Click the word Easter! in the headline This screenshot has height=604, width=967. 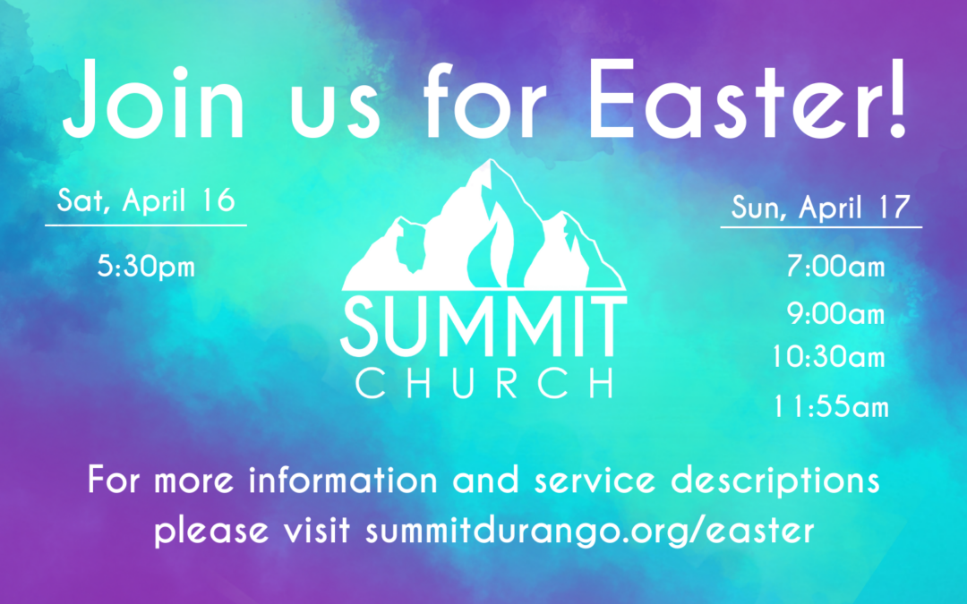[748, 98]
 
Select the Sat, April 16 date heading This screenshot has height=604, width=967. [146, 200]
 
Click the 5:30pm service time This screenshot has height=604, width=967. [146, 267]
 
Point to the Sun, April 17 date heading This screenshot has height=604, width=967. [821, 207]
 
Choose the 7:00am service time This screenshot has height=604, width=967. [835, 267]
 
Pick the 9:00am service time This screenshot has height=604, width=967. [835, 314]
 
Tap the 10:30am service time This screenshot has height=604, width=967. [828, 357]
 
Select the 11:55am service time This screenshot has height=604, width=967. [831, 407]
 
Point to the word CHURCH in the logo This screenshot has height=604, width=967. [484, 383]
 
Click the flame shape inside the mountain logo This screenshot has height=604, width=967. [490, 247]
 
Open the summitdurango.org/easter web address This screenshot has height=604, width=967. [589, 531]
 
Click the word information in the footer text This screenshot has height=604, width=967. [343, 480]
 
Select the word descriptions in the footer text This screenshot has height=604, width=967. [775, 481]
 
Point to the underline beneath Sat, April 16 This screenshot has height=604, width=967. [146, 225]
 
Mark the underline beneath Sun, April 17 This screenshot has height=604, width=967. [821, 227]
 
